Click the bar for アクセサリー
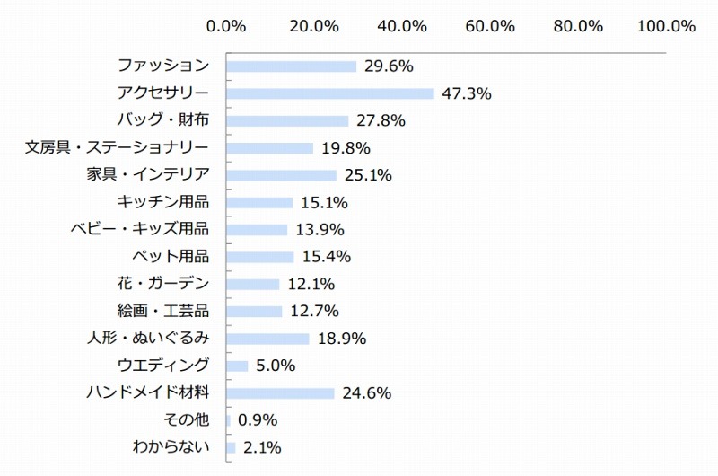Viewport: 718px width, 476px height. pos(329,93)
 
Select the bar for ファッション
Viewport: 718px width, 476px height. pos(291,66)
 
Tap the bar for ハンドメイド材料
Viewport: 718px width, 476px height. pos(280,393)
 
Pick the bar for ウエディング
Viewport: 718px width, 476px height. pos(237,366)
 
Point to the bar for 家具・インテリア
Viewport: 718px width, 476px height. pos(281,175)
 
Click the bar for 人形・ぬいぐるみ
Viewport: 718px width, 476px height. pos(267,339)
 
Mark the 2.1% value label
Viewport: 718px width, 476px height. pos(263,447)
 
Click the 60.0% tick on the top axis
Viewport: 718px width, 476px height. pos(490,26)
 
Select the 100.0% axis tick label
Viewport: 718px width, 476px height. pos(666,26)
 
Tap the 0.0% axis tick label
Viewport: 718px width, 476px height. pos(226,26)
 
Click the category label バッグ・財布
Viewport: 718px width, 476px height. pos(163,120)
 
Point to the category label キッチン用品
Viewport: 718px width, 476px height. pos(163,202)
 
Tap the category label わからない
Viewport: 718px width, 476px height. pos(171,447)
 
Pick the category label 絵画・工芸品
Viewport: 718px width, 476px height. pos(163,312)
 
